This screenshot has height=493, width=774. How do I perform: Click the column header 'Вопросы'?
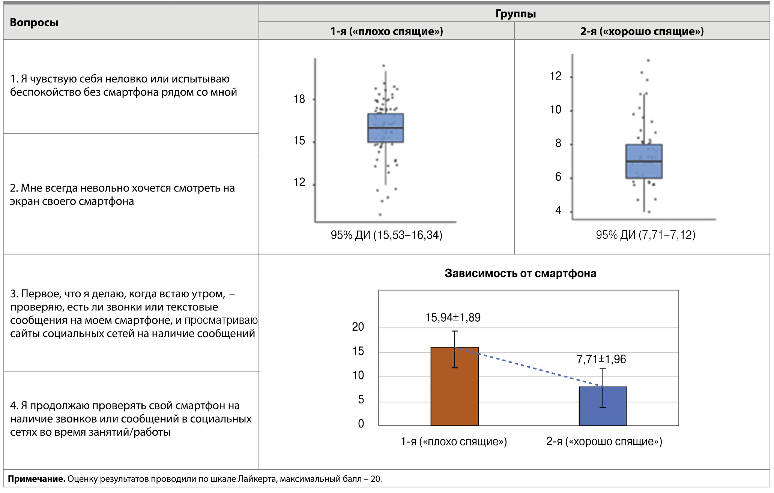pyautogui.click(x=34, y=23)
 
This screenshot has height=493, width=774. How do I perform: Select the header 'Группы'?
pyautogui.click(x=515, y=14)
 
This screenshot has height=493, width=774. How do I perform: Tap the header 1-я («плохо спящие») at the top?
pyautogui.click(x=386, y=31)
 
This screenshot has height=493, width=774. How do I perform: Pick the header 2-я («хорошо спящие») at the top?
pyautogui.click(x=642, y=31)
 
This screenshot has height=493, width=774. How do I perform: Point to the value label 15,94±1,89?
pyautogui.click(x=453, y=318)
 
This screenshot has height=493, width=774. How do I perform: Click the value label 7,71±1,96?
pyautogui.click(x=601, y=359)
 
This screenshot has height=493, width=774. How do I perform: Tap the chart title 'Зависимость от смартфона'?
pyautogui.click(x=520, y=273)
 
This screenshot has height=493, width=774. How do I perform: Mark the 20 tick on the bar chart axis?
pyautogui.click(x=358, y=327)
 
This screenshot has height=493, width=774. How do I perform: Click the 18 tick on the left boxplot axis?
pyautogui.click(x=299, y=99)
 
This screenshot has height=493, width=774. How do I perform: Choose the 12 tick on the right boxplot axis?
pyautogui.click(x=555, y=76)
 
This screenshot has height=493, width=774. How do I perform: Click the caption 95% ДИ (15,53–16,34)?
pyautogui.click(x=386, y=235)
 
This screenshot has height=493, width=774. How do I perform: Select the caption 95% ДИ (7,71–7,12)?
pyautogui.click(x=645, y=235)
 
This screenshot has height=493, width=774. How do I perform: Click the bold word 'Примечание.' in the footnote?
pyautogui.click(x=37, y=479)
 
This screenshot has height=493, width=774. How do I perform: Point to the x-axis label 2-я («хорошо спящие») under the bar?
pyautogui.click(x=604, y=441)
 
